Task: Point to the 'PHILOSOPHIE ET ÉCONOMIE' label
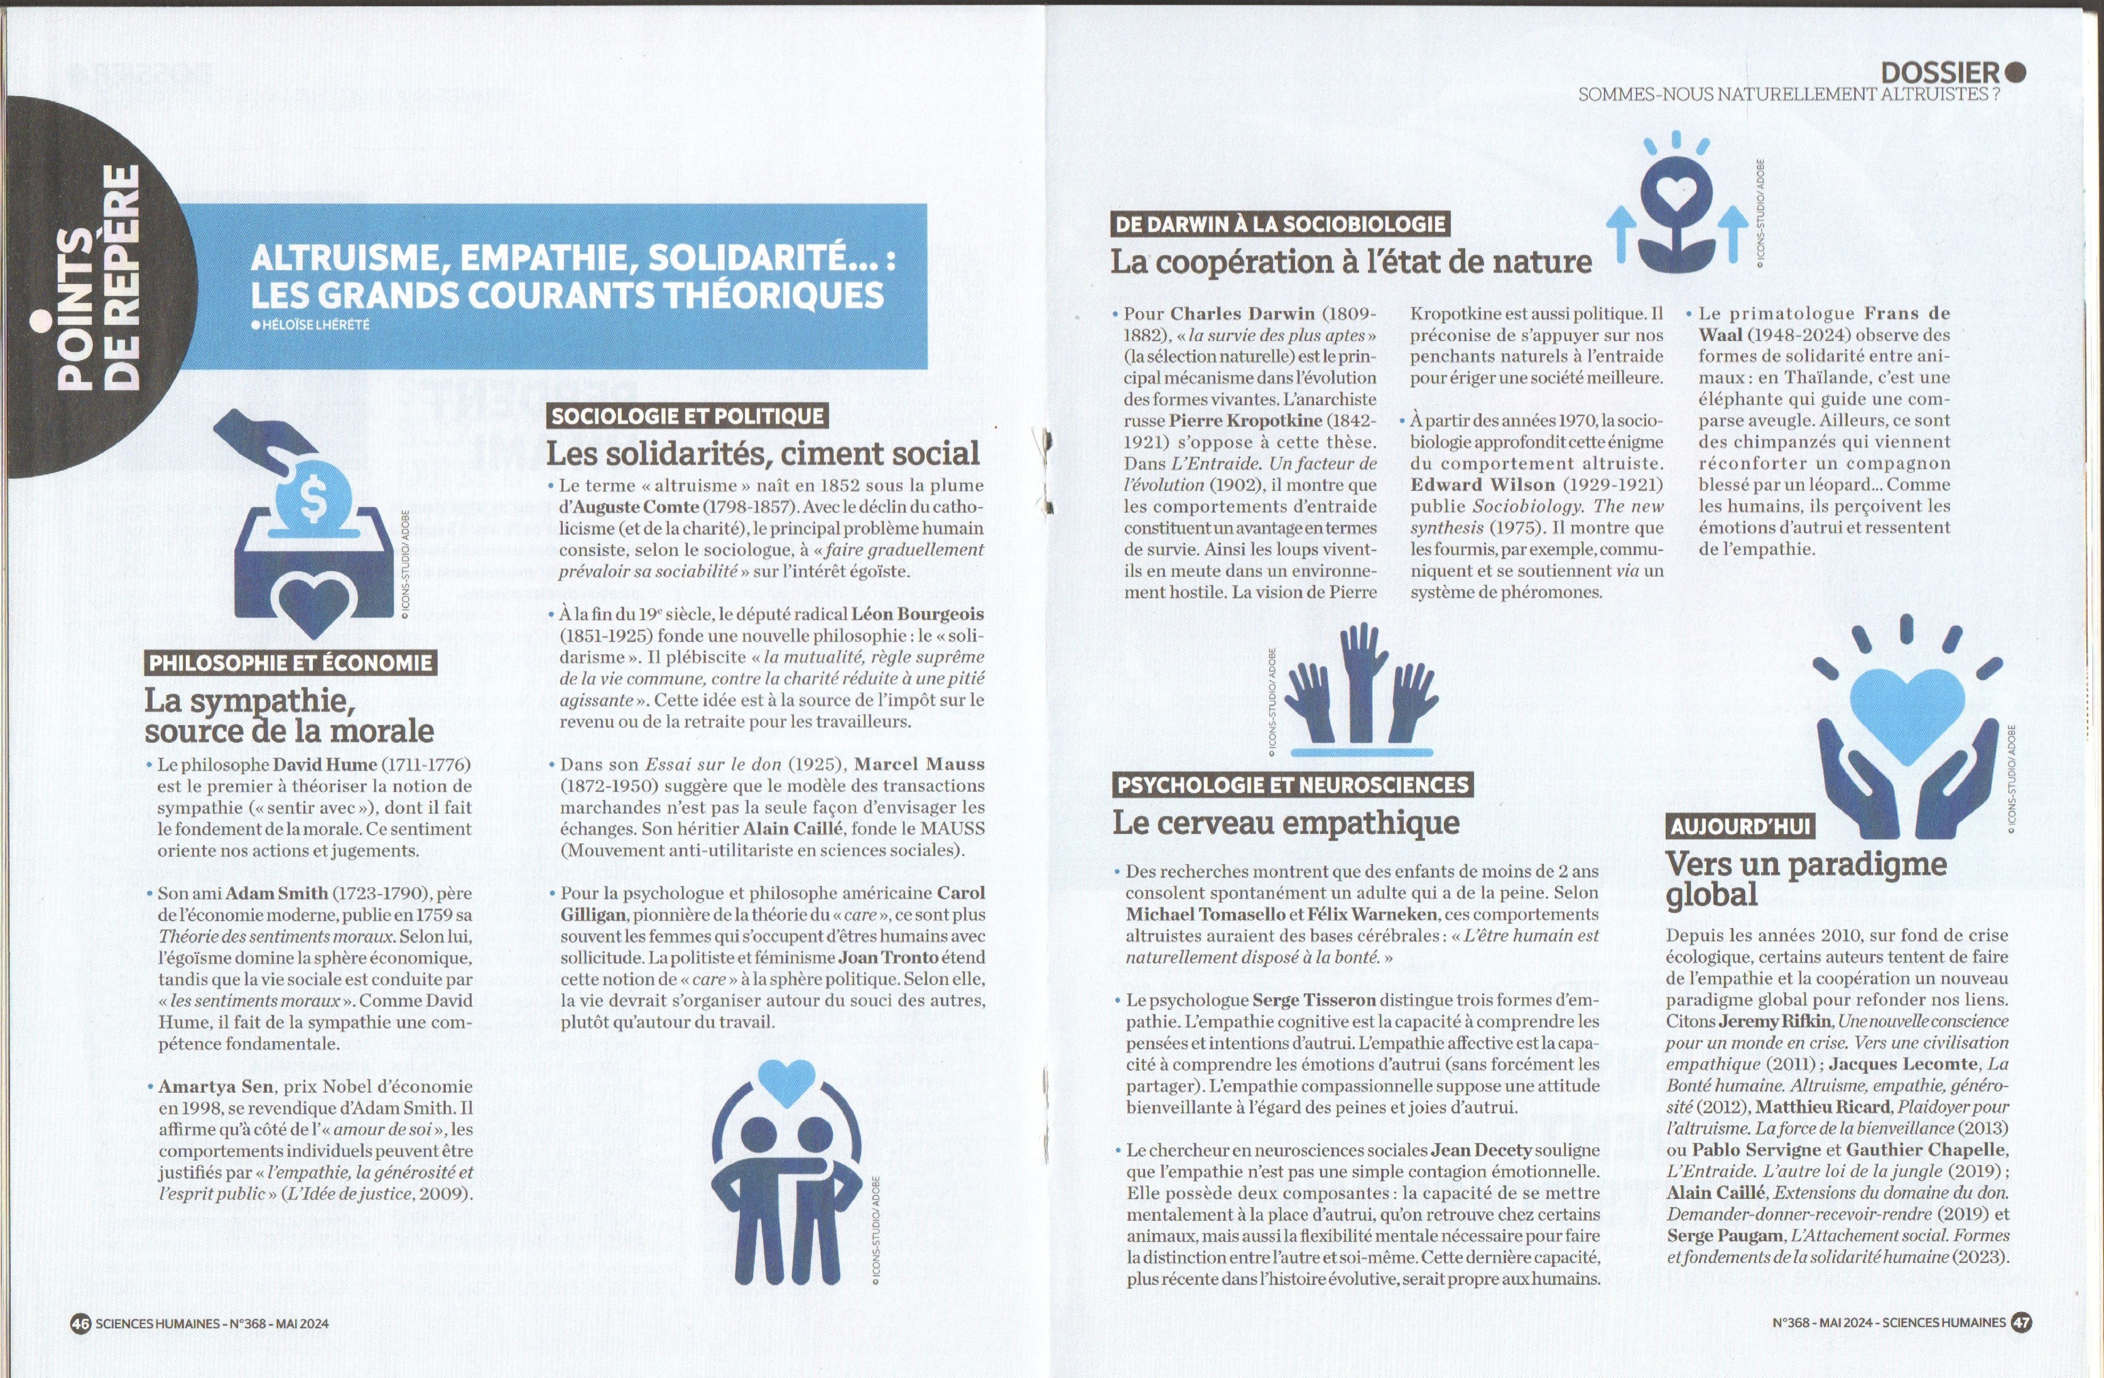(290, 663)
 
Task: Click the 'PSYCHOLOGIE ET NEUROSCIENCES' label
(1292, 785)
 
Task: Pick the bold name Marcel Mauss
(919, 764)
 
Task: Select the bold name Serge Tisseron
(1314, 1000)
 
